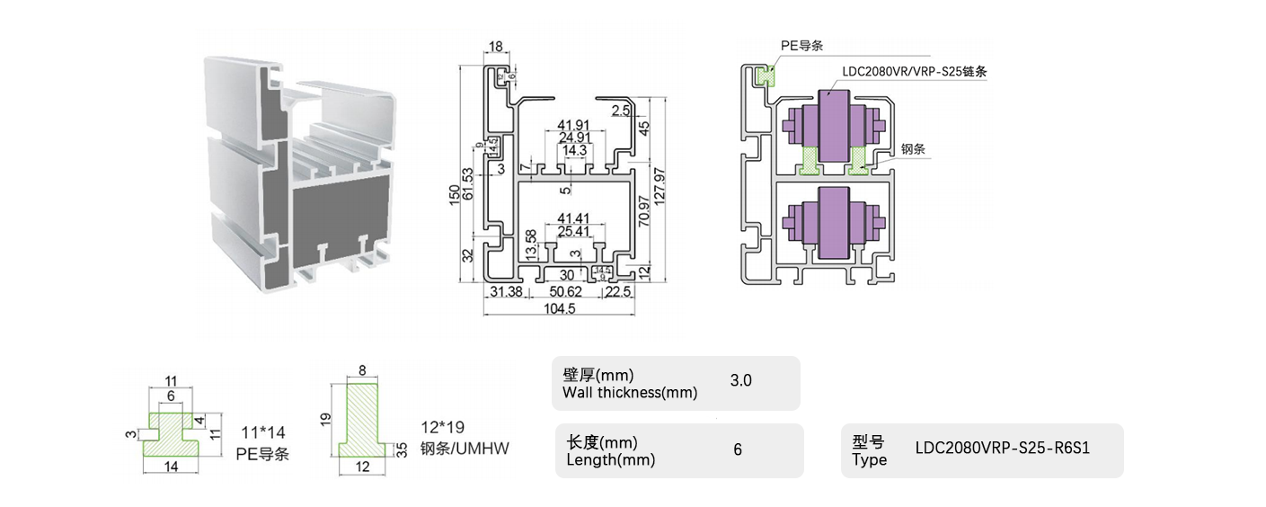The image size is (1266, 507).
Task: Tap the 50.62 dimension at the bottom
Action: pos(565,292)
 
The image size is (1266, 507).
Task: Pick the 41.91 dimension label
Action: pos(573,125)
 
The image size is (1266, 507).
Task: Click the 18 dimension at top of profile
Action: pos(495,47)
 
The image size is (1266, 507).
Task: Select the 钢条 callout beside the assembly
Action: pos(913,152)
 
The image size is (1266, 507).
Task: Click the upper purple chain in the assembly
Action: pos(835,126)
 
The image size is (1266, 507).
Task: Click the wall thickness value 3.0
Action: pos(740,380)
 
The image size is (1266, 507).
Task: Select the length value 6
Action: pos(738,449)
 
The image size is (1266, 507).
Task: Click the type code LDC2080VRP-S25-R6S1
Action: pos(1002,448)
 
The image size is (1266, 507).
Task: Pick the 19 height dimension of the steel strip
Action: pos(326,418)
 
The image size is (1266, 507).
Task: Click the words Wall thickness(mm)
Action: pos(629,392)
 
